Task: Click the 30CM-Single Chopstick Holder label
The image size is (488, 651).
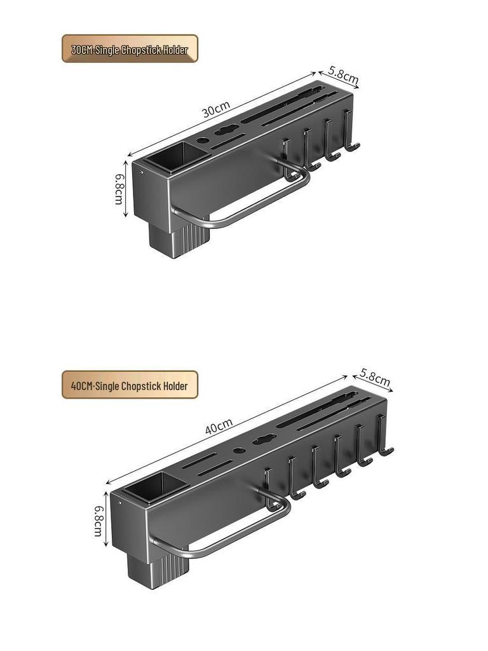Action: click(130, 49)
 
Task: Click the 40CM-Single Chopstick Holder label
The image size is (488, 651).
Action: click(130, 385)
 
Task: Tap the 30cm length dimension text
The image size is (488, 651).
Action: click(216, 109)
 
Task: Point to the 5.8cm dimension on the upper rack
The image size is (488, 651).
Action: click(343, 77)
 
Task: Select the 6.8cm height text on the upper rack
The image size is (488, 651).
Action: click(119, 189)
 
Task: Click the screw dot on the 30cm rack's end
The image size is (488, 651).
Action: click(140, 170)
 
